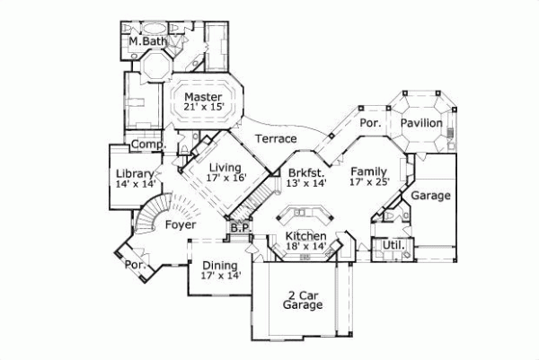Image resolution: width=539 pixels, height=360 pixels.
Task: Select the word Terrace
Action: (x=276, y=139)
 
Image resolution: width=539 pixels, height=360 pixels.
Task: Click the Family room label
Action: (x=368, y=171)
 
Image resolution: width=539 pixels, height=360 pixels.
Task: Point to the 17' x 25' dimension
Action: (x=368, y=183)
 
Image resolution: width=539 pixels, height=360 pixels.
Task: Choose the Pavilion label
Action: (x=421, y=122)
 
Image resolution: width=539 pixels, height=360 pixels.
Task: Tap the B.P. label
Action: (x=239, y=228)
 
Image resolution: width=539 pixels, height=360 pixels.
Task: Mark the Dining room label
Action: (x=220, y=266)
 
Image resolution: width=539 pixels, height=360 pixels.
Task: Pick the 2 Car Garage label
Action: (x=303, y=300)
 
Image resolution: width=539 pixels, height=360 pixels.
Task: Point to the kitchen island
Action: (x=303, y=216)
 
